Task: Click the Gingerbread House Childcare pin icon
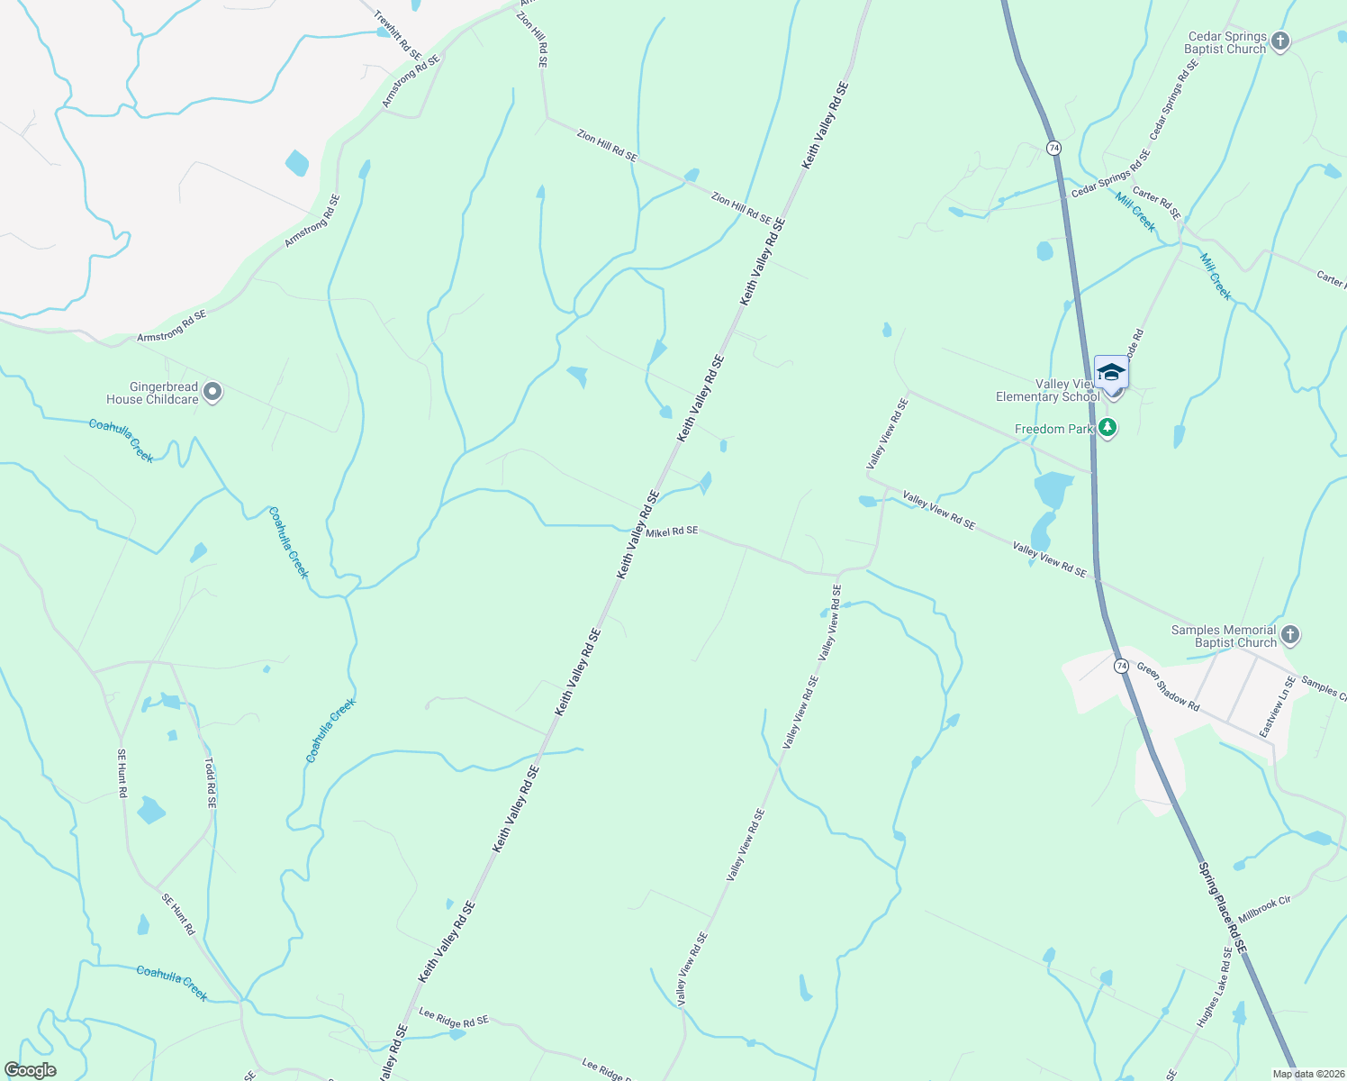point(212,392)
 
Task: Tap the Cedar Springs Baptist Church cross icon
point(1280,41)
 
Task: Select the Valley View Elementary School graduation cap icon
point(1111,371)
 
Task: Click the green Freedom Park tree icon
point(1108,429)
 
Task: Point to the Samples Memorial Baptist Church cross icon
point(1289,635)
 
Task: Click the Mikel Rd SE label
point(672,531)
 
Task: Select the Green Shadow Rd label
point(1168,686)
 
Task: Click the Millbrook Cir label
point(1264,908)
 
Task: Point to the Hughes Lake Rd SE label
point(1214,988)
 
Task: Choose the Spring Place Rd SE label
point(1222,908)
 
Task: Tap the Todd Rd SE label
point(210,782)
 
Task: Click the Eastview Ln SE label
point(1278,707)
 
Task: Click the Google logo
point(31,1070)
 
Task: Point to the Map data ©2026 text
point(1306,1074)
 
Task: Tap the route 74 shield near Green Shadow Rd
point(1121,666)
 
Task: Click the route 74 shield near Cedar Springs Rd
point(1053,147)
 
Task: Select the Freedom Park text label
point(1053,430)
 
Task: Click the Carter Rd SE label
point(1157,203)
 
